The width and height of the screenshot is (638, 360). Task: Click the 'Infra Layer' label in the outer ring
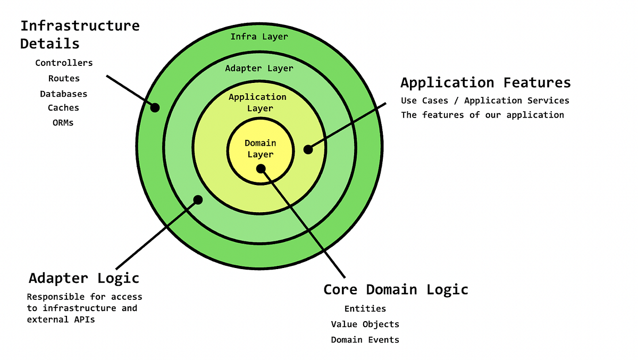click(x=259, y=37)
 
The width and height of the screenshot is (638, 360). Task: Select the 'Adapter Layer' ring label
click(x=259, y=68)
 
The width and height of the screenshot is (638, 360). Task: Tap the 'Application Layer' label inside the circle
click(x=258, y=102)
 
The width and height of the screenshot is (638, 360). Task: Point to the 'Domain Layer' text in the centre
click(x=260, y=148)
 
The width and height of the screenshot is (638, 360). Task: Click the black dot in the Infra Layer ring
click(x=155, y=107)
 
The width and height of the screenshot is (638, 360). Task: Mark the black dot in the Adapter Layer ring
click(x=198, y=200)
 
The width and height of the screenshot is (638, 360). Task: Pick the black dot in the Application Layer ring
click(x=308, y=149)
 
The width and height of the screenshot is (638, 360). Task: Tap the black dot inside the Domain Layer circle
click(x=261, y=169)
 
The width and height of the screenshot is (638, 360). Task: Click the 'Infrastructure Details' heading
click(x=80, y=34)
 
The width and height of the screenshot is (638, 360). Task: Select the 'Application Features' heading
click(x=485, y=82)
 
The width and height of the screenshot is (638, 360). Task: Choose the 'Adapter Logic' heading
click(x=83, y=278)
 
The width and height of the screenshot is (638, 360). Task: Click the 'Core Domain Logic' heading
click(x=396, y=289)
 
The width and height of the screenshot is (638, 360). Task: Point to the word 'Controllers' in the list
click(x=64, y=63)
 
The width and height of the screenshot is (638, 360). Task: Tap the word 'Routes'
click(x=64, y=78)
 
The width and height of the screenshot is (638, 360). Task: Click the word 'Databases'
click(x=63, y=94)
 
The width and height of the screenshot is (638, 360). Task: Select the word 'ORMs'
click(x=63, y=122)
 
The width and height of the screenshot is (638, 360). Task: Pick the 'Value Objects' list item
click(x=365, y=324)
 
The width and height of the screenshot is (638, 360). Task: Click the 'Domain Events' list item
click(x=365, y=339)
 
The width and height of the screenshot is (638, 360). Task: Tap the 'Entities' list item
click(x=365, y=308)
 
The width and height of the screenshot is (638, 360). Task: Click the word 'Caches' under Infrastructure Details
click(x=63, y=107)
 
